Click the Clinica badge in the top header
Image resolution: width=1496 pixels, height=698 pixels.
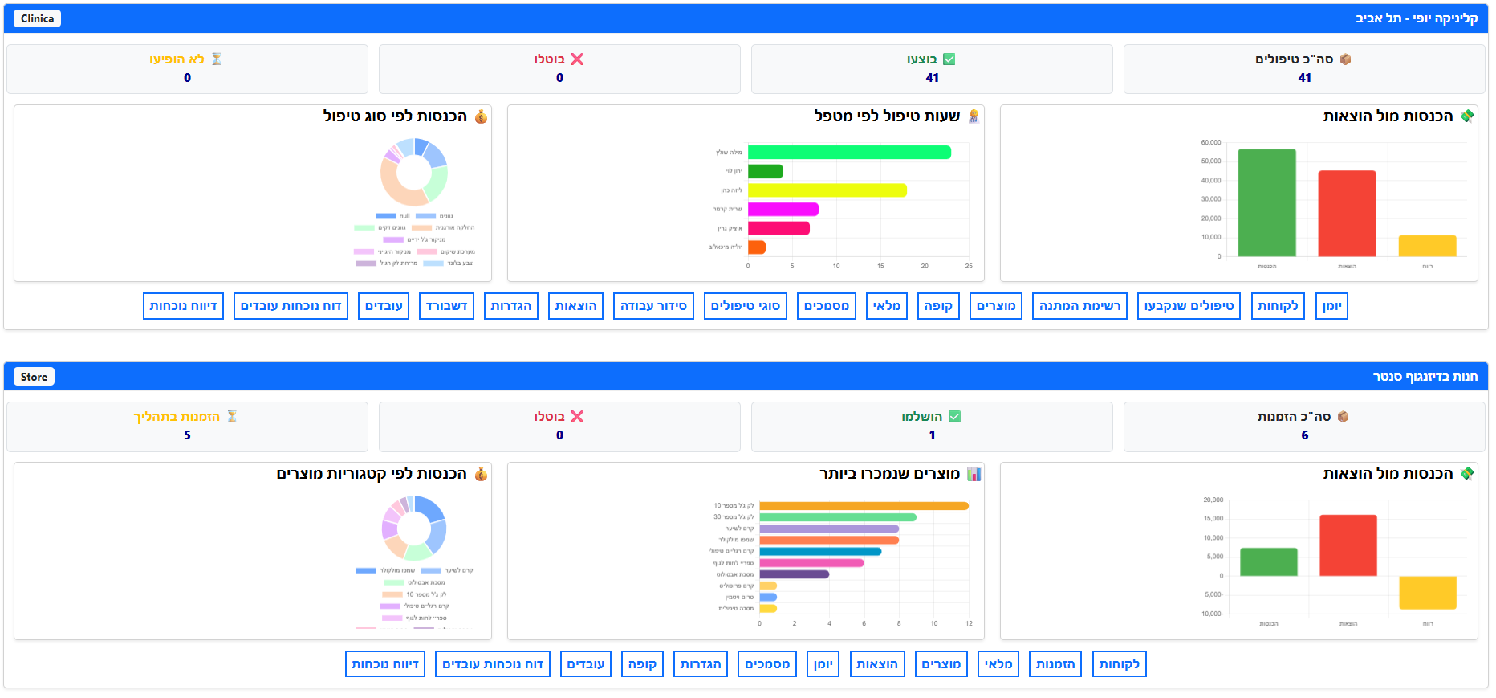click(x=37, y=18)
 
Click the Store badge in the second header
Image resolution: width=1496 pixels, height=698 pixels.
click(x=34, y=377)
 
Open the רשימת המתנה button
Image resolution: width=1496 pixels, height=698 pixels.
click(x=1079, y=306)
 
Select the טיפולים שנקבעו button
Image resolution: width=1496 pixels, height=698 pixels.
click(x=1189, y=306)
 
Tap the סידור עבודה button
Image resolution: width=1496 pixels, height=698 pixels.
click(x=653, y=306)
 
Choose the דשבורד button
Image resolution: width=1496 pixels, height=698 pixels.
click(x=446, y=306)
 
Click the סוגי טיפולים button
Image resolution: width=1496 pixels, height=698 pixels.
click(x=746, y=306)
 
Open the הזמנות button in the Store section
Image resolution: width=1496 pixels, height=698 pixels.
click(x=1055, y=664)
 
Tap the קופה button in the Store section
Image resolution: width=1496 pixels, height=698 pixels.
click(x=642, y=664)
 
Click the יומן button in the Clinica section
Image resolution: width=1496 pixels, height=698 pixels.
click(x=1331, y=306)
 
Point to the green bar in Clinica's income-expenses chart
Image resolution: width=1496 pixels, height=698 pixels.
click(x=1266, y=202)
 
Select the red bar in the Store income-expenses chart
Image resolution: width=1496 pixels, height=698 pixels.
click(x=1348, y=545)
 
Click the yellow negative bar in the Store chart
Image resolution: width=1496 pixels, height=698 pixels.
click(x=1427, y=592)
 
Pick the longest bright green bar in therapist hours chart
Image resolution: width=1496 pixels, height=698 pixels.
click(x=849, y=153)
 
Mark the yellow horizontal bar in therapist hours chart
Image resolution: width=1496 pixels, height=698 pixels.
click(x=827, y=190)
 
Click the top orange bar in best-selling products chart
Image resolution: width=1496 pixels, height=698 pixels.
click(x=864, y=506)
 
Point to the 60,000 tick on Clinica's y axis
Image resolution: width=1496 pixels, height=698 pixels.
click(x=1210, y=142)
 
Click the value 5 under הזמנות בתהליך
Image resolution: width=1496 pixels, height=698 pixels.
click(x=187, y=435)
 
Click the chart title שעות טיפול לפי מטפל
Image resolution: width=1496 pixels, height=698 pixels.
click(x=887, y=116)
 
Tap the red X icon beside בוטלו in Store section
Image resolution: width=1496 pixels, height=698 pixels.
click(x=577, y=417)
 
